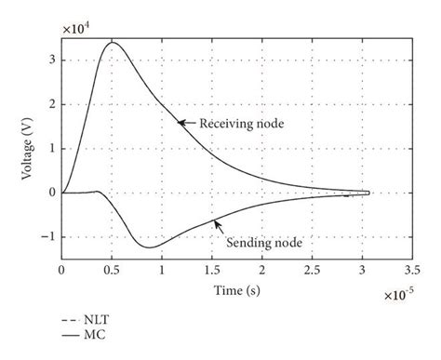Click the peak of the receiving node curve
pyautogui.click(x=113, y=43)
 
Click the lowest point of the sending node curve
pyautogui.click(x=150, y=247)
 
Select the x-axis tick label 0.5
pyautogui.click(x=112, y=270)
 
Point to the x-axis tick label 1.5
pyautogui.click(x=212, y=270)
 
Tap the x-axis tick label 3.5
pyautogui.click(x=413, y=270)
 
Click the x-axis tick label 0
pyautogui.click(x=62, y=270)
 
